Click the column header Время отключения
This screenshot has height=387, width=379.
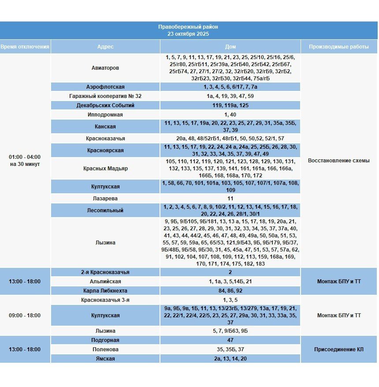(25, 46)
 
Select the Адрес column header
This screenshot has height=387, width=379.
(105, 46)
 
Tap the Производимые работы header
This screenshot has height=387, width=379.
(339, 46)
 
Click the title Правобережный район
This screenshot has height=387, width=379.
(188, 27)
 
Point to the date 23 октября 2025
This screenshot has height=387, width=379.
(188, 34)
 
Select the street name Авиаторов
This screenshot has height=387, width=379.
(105, 68)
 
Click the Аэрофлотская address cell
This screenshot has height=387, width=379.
(105, 87)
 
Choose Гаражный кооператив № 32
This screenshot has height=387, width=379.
(105, 96)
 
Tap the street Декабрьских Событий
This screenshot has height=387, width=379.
(105, 105)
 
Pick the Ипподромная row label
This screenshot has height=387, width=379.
(105, 115)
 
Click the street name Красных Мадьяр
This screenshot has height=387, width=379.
(105, 169)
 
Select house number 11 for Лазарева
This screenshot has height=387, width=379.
(230, 199)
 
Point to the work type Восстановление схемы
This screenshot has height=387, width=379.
(339, 161)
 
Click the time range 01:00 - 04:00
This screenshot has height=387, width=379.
(25, 157)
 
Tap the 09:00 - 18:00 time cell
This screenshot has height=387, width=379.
(25, 316)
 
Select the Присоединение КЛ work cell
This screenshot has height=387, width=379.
(339, 349)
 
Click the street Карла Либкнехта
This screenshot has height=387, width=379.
(105, 291)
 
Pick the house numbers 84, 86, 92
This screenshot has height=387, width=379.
(230, 291)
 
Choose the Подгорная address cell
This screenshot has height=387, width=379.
(105, 340)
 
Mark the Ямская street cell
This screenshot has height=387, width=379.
(105, 359)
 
